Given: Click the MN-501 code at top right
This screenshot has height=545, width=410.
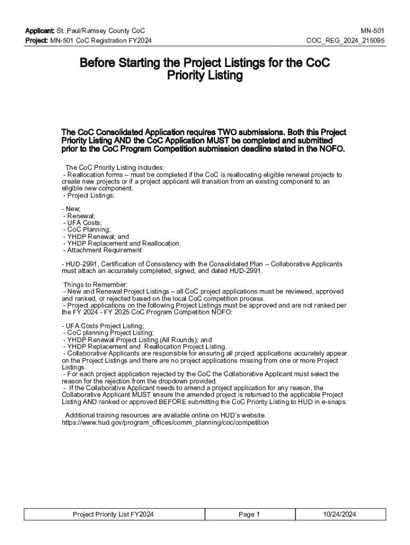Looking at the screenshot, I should (x=373, y=31).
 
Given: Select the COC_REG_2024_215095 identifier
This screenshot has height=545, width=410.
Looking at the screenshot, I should (x=346, y=41).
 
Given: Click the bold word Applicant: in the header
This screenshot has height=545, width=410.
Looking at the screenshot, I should (x=39, y=31).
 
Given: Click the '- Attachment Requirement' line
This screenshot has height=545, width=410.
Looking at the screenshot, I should (x=102, y=250).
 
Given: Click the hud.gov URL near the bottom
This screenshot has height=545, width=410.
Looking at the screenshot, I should (x=166, y=423).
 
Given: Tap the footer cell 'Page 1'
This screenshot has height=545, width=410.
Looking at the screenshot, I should (x=249, y=514).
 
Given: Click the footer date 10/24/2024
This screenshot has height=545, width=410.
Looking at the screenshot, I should (x=339, y=514).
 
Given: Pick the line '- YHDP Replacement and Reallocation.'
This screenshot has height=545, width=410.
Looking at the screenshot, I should (x=122, y=243).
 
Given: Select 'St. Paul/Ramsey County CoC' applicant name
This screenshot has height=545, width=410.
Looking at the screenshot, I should (x=101, y=31).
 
